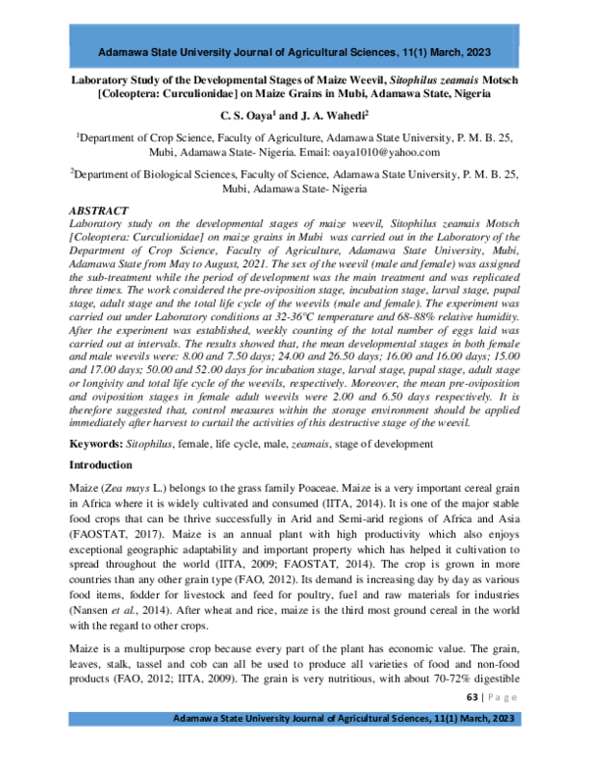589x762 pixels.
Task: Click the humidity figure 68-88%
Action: click(x=456, y=321)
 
